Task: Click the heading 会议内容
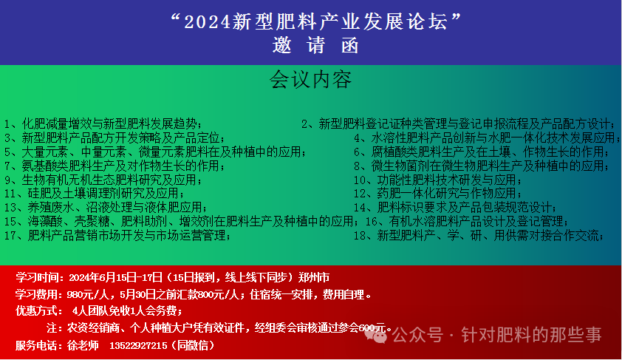coord(310,80)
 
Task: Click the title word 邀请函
coord(315,46)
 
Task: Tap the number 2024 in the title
coord(208,22)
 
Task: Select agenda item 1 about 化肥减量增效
coord(103,124)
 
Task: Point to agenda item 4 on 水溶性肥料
coord(487,137)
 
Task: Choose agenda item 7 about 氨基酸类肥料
coord(115,166)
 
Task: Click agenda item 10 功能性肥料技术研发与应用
coord(437,180)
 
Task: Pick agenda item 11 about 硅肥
coord(95,193)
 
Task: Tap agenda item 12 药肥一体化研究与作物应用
coord(437,193)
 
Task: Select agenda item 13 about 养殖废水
coord(106,207)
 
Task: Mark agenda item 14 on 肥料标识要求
coord(455,207)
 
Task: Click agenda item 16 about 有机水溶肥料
coord(467,221)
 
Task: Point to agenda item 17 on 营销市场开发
coord(117,235)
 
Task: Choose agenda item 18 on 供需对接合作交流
coord(479,235)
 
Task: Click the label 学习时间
coord(37,277)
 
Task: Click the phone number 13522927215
coord(138,346)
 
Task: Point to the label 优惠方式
coord(37,310)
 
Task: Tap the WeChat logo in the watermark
coord(375,336)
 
